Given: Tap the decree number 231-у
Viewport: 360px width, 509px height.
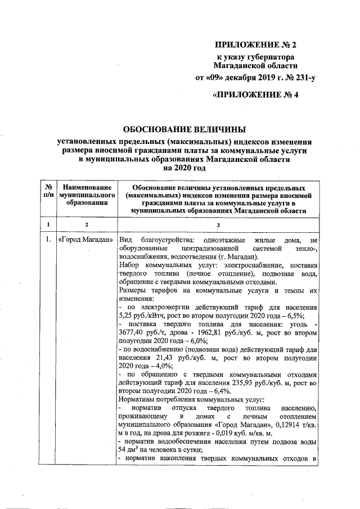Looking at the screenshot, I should click(x=300, y=78).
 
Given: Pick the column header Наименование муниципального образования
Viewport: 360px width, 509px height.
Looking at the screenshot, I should click(x=87, y=194).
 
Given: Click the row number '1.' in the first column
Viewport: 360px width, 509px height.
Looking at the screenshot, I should click(x=49, y=241).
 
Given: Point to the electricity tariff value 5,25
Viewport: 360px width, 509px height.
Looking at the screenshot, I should click(x=128, y=316).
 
